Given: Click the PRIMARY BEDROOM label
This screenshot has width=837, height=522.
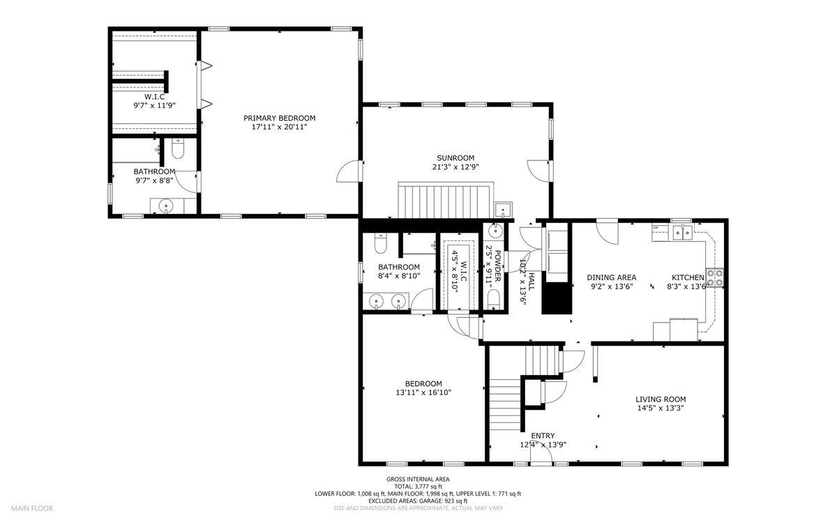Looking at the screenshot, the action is [x=279, y=118].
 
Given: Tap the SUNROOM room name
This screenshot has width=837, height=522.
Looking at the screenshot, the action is [x=455, y=158].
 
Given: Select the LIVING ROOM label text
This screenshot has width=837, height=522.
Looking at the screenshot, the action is [x=661, y=399].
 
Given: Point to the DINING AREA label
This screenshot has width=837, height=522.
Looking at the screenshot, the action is [x=611, y=277].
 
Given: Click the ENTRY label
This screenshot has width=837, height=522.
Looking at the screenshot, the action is [x=543, y=436].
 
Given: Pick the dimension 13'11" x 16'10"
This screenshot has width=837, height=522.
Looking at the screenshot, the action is [x=423, y=392].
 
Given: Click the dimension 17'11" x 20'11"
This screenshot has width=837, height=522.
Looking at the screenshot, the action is [x=279, y=127].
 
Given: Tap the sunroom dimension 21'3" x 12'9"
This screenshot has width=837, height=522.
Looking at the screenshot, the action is [x=455, y=167].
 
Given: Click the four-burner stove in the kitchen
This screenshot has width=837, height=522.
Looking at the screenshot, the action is [x=714, y=277].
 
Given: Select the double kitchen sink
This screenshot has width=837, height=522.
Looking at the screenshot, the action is [x=683, y=233].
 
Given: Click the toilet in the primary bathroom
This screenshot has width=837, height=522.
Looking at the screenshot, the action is [x=178, y=148].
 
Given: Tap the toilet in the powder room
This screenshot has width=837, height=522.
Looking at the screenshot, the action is [x=494, y=299].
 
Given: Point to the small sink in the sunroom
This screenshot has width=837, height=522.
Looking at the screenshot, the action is [x=503, y=210].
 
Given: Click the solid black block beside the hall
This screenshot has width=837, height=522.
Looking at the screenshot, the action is [x=557, y=298].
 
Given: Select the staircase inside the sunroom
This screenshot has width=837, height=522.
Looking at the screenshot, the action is [x=446, y=201].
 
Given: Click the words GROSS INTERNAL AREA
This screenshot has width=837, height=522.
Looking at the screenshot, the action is [x=418, y=479].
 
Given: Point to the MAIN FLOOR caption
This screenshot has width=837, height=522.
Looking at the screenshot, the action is [x=32, y=508].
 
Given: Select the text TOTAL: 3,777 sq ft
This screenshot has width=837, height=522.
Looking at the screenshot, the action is [x=418, y=486].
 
